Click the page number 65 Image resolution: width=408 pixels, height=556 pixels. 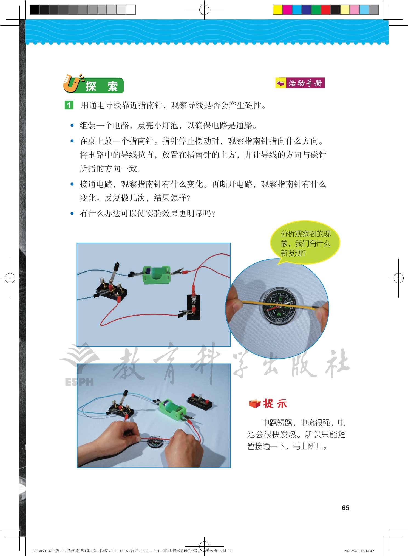pyautogui.click(x=345, y=508)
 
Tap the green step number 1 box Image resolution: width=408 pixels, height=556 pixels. pyautogui.click(x=69, y=105)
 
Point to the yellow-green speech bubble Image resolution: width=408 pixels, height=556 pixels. pyautogui.click(x=305, y=243)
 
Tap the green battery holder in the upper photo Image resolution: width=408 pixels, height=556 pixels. pyautogui.click(x=156, y=274)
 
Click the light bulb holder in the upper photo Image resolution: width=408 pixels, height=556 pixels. pyautogui.click(x=194, y=307)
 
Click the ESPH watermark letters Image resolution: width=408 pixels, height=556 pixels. pyautogui.click(x=79, y=382)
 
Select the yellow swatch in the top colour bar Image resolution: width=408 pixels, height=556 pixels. pyautogui.click(x=278, y=10)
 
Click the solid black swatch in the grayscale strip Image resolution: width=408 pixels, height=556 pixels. pyautogui.click(x=35, y=10)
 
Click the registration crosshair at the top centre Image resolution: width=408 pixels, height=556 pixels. pyautogui.click(x=204, y=10)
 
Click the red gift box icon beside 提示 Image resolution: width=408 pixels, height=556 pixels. pyautogui.click(x=254, y=404)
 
